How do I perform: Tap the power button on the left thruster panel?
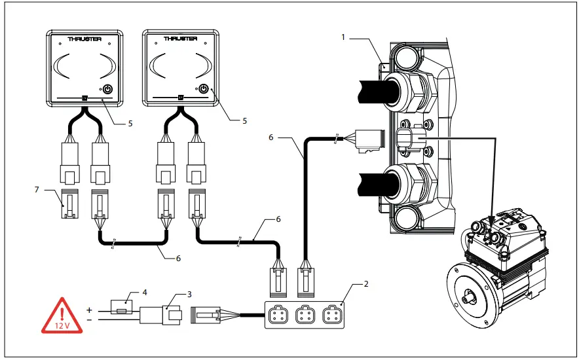point(107,89)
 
